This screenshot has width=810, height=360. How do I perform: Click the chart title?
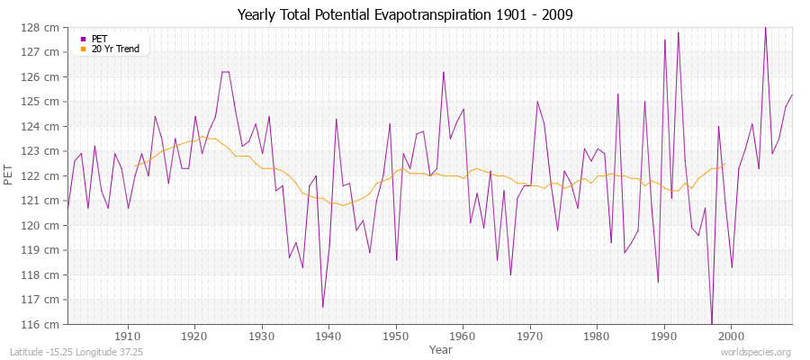click(x=405, y=15)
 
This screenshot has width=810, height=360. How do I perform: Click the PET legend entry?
click(x=99, y=39)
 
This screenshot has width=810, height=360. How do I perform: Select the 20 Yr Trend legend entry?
click(x=116, y=49)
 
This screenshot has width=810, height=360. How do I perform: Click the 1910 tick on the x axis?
click(x=128, y=336)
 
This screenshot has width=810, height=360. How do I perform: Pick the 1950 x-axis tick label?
click(x=395, y=336)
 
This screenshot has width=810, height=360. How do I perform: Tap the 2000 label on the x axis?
click(x=730, y=336)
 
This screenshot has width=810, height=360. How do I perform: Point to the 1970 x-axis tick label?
click(x=529, y=336)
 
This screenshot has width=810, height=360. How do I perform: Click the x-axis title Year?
click(x=441, y=348)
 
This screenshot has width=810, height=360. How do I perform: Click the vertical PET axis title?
click(x=10, y=175)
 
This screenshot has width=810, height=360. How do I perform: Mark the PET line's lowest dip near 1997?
click(x=711, y=323)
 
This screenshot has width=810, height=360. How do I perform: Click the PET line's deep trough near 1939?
click(x=322, y=307)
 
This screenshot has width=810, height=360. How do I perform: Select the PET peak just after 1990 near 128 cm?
click(x=678, y=32)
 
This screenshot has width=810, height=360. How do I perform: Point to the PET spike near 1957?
click(x=443, y=72)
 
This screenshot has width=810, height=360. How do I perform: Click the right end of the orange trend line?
click(x=724, y=164)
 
